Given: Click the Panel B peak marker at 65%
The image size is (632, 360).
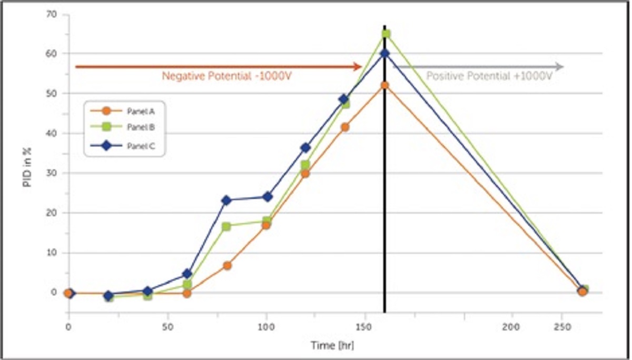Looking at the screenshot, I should (x=386, y=34).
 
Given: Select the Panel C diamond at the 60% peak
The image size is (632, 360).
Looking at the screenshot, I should (x=385, y=53).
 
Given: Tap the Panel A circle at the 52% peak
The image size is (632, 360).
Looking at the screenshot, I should (x=385, y=85).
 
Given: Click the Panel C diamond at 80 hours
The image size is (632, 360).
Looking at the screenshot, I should (x=227, y=200).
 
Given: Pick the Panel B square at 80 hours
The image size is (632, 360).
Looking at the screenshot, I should (x=226, y=226).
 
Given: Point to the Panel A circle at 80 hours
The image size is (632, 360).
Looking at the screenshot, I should (x=227, y=266).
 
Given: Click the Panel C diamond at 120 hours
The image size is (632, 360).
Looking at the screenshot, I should (x=305, y=148).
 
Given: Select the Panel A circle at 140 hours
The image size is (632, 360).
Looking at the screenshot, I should (x=345, y=127).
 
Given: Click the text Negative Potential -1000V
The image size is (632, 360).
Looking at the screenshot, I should (x=227, y=76).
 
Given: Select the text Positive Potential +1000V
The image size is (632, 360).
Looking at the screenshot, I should (x=489, y=76).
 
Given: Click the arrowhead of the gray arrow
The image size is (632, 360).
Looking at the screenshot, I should (x=560, y=67).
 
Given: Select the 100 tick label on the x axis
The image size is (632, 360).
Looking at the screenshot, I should (x=266, y=327).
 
